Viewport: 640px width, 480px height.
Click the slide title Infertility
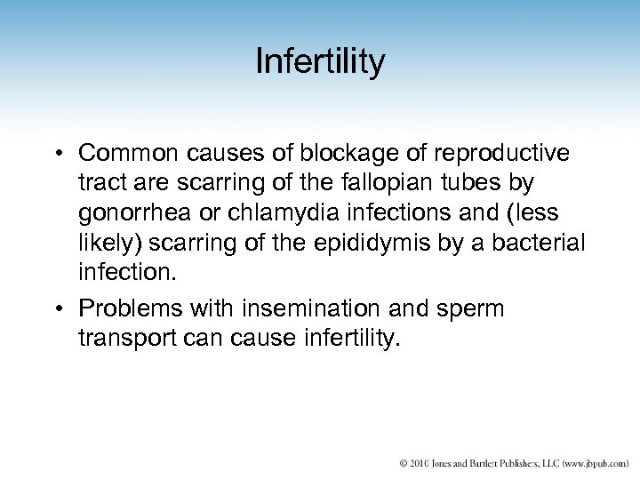pyautogui.click(x=320, y=61)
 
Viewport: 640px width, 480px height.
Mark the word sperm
pyautogui.click(x=470, y=308)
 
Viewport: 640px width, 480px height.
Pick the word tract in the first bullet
pyautogui.click(x=99, y=185)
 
